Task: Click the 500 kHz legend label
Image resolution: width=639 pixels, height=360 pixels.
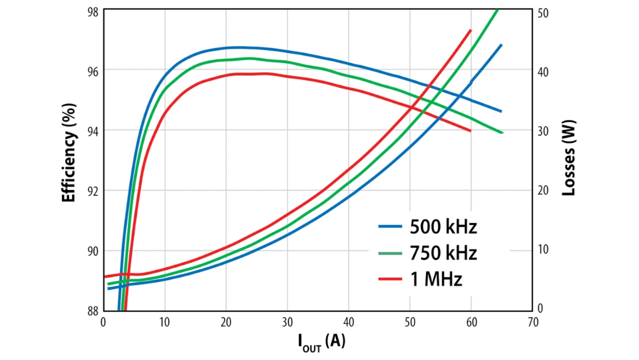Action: pyautogui.click(x=443, y=227)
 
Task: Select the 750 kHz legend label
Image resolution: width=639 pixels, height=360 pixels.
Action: pyautogui.click(x=443, y=253)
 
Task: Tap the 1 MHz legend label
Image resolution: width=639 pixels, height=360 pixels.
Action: pyautogui.click(x=436, y=280)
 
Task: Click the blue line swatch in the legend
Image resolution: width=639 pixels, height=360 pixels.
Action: pyautogui.click(x=390, y=227)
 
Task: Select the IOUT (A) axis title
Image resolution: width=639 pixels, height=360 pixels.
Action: pyautogui.click(x=321, y=342)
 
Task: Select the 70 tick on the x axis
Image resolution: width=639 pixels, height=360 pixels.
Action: pyautogui.click(x=533, y=323)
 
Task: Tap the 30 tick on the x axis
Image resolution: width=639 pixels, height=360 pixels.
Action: pyautogui.click(x=287, y=323)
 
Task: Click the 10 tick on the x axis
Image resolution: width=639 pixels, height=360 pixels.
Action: pyautogui.click(x=165, y=323)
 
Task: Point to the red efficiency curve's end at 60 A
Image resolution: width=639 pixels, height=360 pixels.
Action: pyautogui.click(x=470, y=131)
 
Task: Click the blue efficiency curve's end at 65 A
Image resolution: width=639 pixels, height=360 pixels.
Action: pyautogui.click(x=501, y=111)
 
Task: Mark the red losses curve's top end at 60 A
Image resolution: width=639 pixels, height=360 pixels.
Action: pyautogui.click(x=470, y=30)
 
